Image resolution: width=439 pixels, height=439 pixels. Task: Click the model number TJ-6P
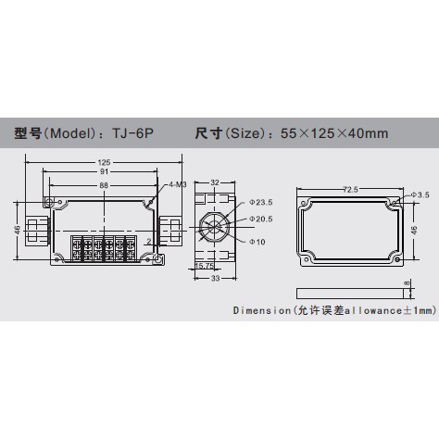pyautogui.click(x=135, y=132)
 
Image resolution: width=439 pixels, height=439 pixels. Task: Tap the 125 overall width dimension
pyautogui.click(x=102, y=164)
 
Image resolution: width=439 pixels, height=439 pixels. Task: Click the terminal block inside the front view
pyautogui.click(x=102, y=248)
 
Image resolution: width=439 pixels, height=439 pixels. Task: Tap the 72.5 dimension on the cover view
pyautogui.click(x=348, y=189)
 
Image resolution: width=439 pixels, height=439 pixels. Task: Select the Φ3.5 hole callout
pyautogui.click(x=418, y=195)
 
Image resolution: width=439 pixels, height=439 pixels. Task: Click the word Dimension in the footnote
pyautogui.click(x=261, y=312)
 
